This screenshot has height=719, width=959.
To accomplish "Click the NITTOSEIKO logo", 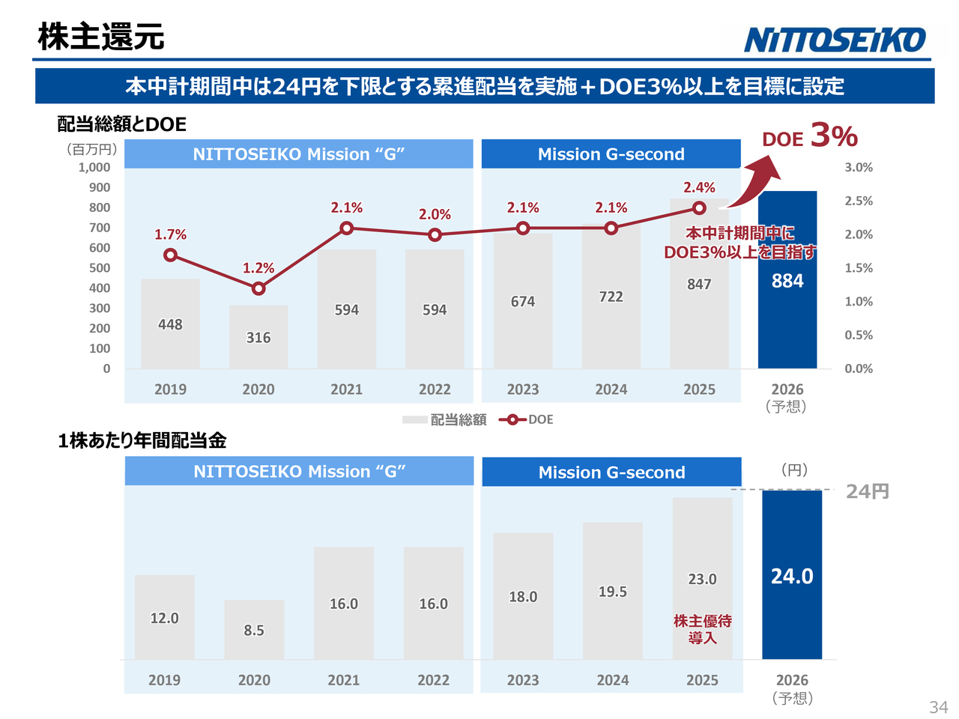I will click(x=835, y=40).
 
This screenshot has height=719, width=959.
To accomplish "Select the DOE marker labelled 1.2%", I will click(x=258, y=288).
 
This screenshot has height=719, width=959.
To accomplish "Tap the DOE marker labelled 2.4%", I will click(x=699, y=208).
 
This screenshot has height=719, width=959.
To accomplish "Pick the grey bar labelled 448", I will click(x=170, y=324).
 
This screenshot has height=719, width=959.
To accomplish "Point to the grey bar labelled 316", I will click(x=258, y=337).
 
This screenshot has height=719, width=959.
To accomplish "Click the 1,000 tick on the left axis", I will click(x=94, y=168).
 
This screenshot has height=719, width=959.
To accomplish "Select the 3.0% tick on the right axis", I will click(x=859, y=168).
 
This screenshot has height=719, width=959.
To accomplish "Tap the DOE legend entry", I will click(x=527, y=419).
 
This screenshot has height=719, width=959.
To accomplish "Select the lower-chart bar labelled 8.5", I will click(x=254, y=629).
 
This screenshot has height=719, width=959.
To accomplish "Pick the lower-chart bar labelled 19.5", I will click(x=613, y=591).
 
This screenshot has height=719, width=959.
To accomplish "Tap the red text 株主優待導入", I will click(x=703, y=629).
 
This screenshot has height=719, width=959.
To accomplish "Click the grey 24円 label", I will click(x=868, y=491).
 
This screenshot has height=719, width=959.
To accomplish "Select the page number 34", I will click(x=938, y=707).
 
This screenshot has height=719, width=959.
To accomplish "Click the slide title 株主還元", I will click(x=101, y=37).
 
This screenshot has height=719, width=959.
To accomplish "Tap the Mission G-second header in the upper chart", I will click(x=611, y=154).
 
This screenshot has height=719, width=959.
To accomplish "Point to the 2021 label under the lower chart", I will click(x=344, y=680).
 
